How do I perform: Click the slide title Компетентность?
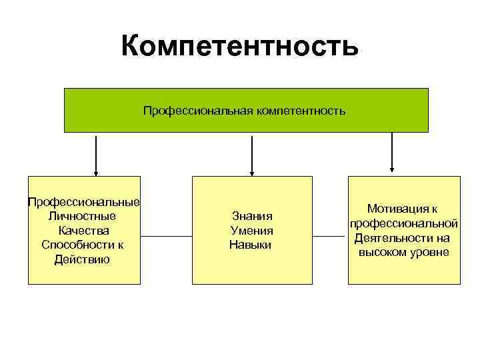240,47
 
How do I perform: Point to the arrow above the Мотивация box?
392,150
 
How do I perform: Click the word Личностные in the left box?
83,216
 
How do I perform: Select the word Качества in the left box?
83,231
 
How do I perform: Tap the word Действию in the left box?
83,259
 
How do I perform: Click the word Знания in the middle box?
253,216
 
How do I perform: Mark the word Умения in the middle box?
252,231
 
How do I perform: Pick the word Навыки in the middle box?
251,245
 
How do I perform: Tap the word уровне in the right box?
431,253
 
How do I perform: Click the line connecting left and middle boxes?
167,236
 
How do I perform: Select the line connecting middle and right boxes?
330,236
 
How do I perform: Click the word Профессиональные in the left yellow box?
83,201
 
